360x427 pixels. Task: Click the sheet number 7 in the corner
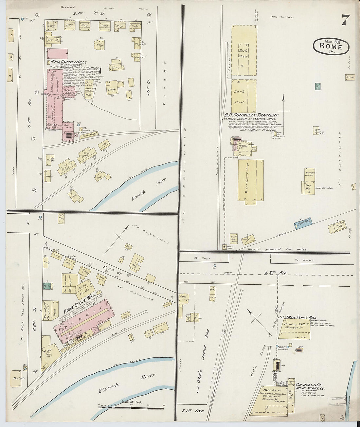(x=345, y=20)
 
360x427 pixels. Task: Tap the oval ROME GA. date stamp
(x=331, y=46)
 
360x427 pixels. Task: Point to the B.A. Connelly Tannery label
(x=251, y=115)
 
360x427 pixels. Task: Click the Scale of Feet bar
(x=131, y=408)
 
